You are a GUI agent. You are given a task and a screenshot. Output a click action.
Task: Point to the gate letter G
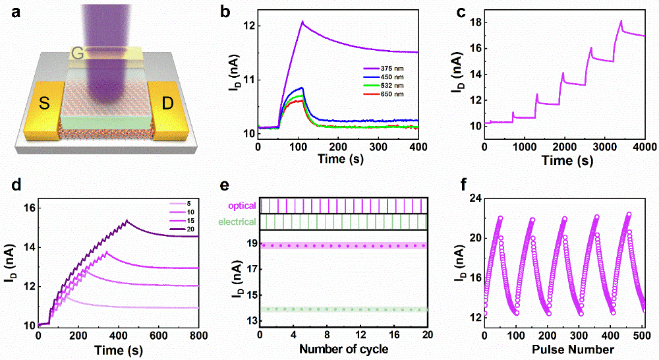pyautogui.click(x=78, y=53)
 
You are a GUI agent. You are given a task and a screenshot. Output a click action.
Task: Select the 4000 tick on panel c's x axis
pyautogui.click(x=645, y=146)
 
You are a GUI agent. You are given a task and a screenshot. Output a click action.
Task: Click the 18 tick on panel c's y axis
pyautogui.click(x=473, y=22)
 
